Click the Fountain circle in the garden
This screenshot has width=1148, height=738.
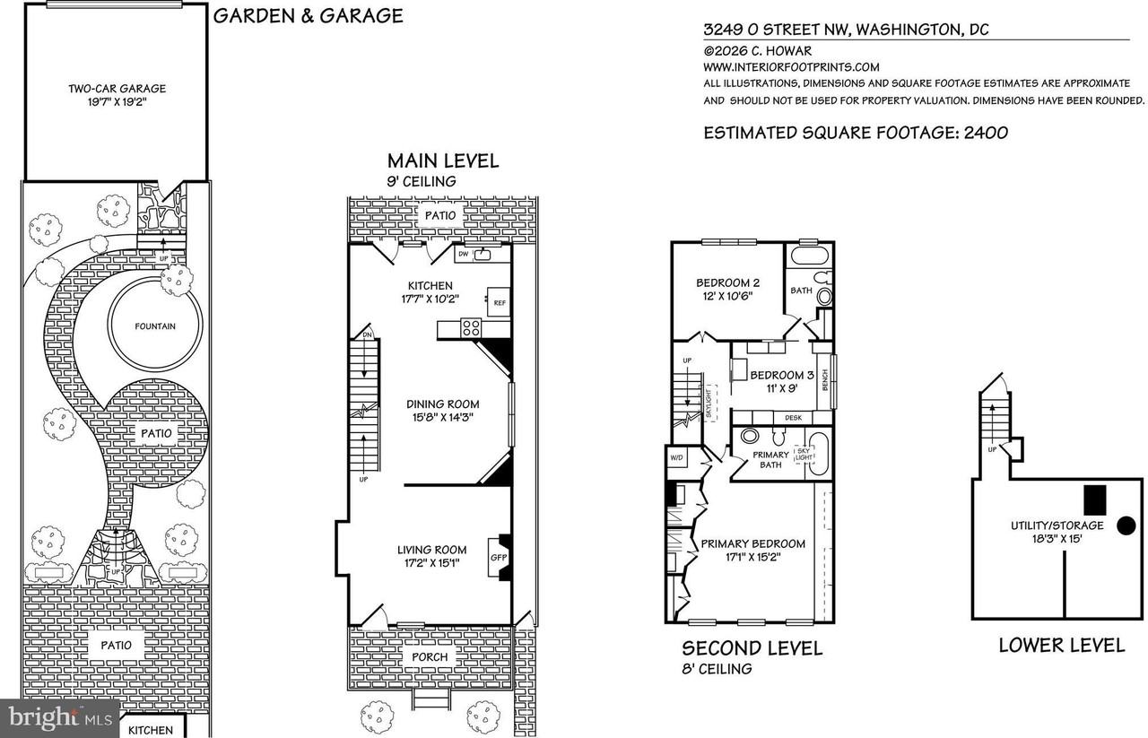click(x=156, y=326)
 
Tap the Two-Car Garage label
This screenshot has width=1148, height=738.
click(x=117, y=89)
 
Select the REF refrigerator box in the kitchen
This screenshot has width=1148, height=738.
click(x=499, y=303)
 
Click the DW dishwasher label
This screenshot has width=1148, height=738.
click(x=464, y=255)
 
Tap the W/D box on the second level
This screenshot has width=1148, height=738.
click(x=677, y=457)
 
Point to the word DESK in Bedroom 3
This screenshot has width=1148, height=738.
click(x=793, y=418)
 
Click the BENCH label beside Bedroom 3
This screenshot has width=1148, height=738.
click(x=824, y=380)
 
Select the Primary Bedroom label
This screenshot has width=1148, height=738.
click(x=752, y=543)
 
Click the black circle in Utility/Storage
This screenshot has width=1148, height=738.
click(x=1124, y=526)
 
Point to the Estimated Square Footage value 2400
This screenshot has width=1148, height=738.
click(x=986, y=133)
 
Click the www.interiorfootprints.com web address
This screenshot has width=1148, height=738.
click(x=791, y=67)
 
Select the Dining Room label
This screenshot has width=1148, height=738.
click(x=443, y=404)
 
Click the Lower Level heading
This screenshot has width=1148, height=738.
click(x=1061, y=646)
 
